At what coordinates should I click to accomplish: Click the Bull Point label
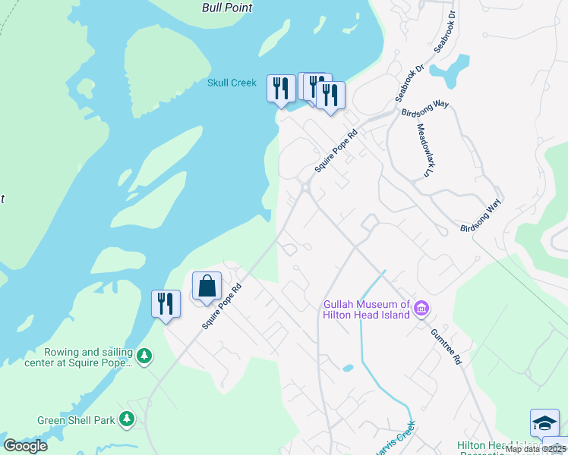click(227, 8)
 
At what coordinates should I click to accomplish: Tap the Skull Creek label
click(232, 83)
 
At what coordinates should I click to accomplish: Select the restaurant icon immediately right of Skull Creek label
click(281, 88)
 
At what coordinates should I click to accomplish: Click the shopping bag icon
click(207, 287)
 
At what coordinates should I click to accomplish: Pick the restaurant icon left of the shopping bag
click(166, 304)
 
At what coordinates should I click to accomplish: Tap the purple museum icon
click(422, 309)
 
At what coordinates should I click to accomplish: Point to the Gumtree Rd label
click(447, 347)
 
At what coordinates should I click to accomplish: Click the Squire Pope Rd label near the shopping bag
click(222, 306)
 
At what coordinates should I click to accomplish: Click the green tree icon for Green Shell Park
click(128, 419)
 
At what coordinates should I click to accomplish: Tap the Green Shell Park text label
click(76, 420)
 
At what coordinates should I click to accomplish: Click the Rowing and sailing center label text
click(88, 357)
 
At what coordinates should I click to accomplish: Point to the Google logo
click(25, 446)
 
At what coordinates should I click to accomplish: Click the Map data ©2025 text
click(535, 449)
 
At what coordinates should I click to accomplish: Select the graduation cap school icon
click(544, 422)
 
